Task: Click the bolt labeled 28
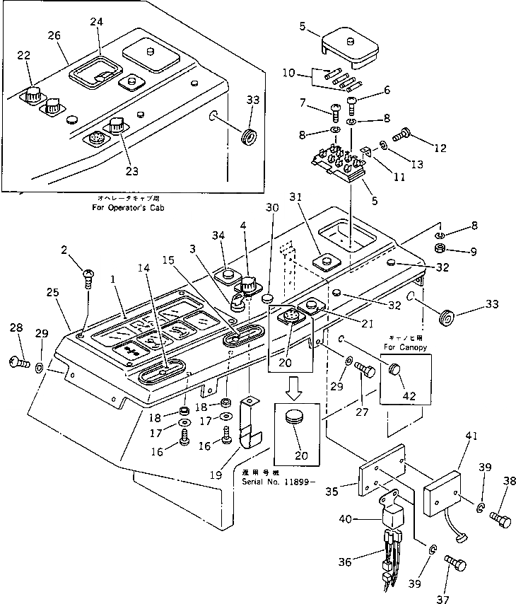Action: (19, 363)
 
